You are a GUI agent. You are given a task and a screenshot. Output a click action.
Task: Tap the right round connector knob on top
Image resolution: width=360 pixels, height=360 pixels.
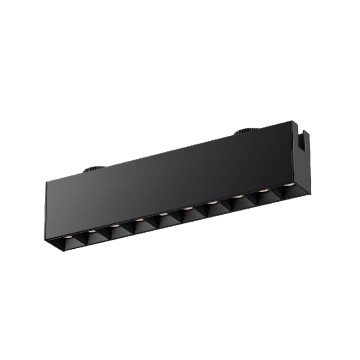pyautogui.click(x=243, y=130)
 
